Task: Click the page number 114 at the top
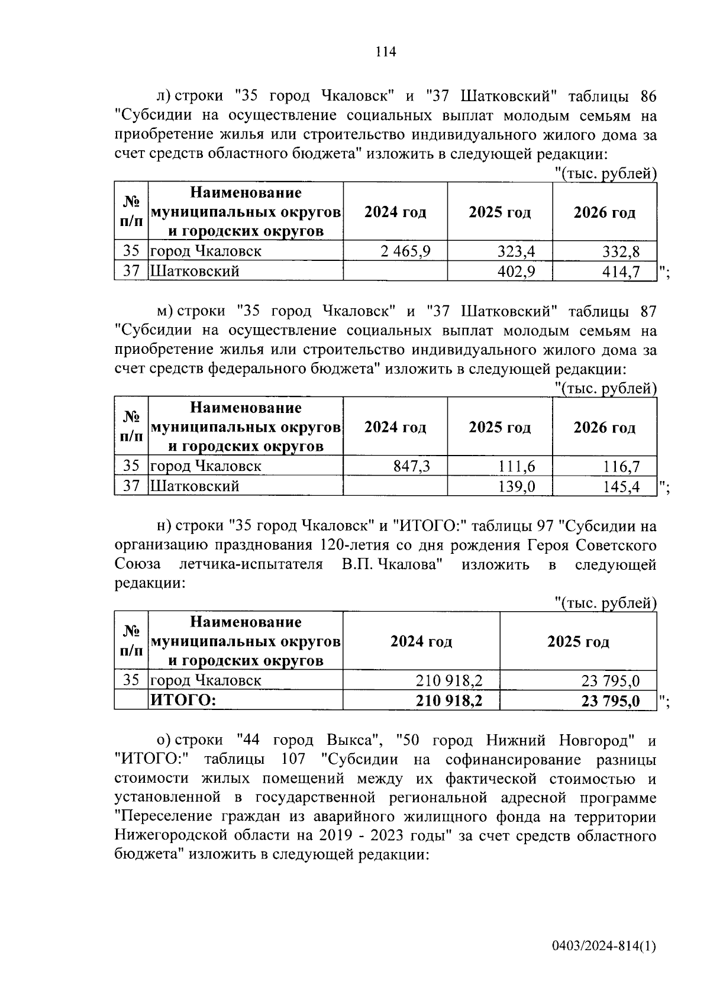point(385,52)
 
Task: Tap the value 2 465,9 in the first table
point(406,251)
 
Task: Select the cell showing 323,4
point(516,251)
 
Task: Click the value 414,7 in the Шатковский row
point(621,272)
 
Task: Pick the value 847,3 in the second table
point(412,466)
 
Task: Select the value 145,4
point(621,487)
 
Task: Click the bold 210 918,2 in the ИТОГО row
point(449,701)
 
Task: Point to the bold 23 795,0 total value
point(611,701)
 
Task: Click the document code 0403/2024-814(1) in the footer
point(604,963)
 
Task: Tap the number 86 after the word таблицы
point(648,96)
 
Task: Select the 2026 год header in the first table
point(604,212)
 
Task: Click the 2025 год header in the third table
point(578,642)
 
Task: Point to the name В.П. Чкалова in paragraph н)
point(393,564)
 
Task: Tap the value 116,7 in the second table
point(621,466)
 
